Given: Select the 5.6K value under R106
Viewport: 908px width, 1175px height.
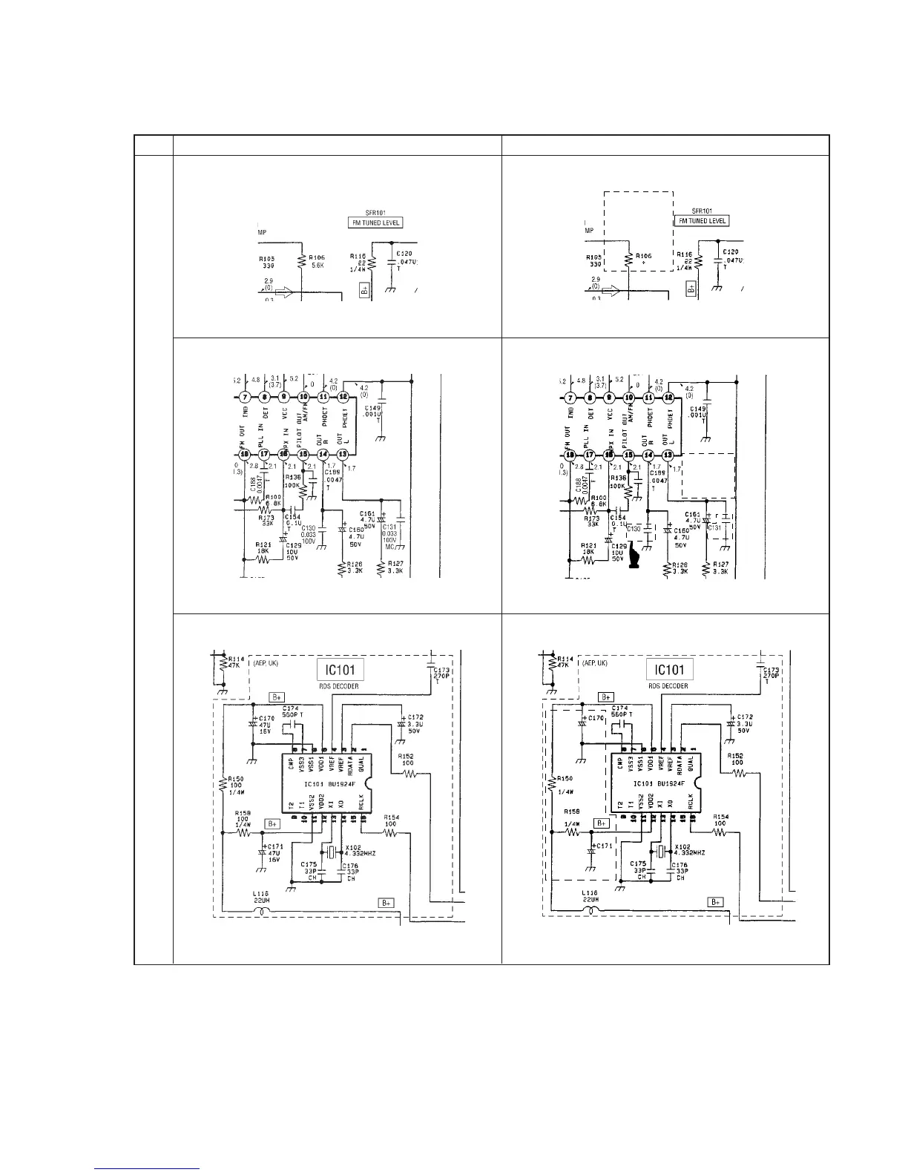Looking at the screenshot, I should pyautogui.click(x=317, y=265).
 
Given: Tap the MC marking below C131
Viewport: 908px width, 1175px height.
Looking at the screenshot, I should pyautogui.click(x=389, y=547).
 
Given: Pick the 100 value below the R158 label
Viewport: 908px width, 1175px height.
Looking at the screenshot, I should pyautogui.click(x=242, y=818).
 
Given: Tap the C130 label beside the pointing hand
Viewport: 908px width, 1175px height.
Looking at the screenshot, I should pyautogui.click(x=633, y=528).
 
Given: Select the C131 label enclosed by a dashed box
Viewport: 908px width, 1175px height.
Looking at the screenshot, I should pyautogui.click(x=714, y=527).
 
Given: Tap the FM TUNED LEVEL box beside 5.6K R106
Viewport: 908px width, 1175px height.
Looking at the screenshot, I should pyautogui.click(x=375, y=222).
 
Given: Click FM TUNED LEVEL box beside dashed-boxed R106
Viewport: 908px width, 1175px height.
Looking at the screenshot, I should pyautogui.click(x=702, y=220).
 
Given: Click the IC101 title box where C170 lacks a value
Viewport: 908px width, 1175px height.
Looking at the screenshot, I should pyautogui.click(x=670, y=670).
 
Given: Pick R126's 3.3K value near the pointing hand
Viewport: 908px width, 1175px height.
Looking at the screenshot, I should pyautogui.click(x=677, y=571).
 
